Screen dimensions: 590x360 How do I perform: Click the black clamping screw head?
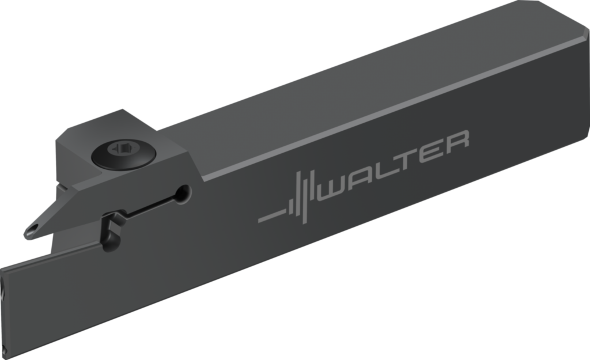123,154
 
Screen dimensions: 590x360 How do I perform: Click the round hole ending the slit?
184,194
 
